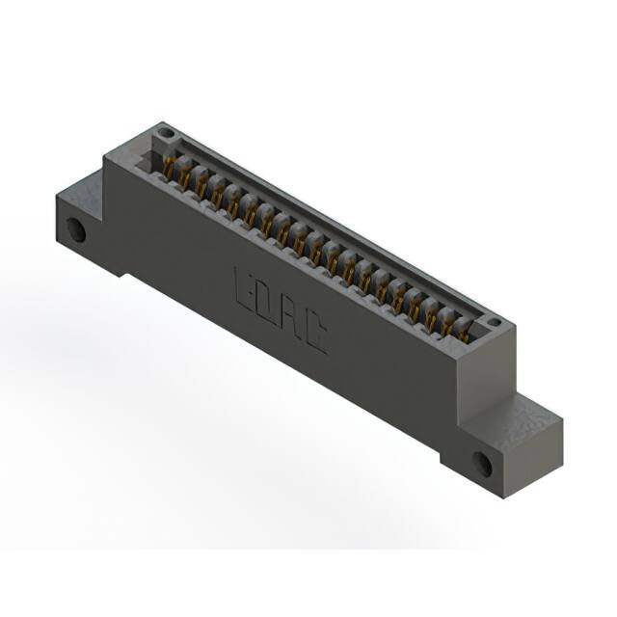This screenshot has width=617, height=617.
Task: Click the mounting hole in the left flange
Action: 75,229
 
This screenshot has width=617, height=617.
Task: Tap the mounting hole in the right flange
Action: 481,465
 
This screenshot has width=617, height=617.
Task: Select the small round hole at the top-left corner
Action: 166,132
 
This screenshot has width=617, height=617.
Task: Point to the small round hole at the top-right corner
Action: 494,323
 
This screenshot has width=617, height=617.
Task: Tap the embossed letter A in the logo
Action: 290,317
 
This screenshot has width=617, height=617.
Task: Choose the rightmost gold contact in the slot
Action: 463,332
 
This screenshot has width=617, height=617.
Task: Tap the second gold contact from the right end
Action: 446,323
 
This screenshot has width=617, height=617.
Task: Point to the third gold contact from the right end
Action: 430,314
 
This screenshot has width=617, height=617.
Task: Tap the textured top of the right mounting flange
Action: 525,416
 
